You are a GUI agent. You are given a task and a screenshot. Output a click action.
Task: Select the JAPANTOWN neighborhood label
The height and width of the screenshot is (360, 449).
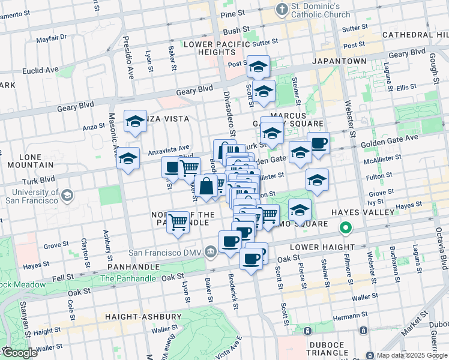click(x=339, y=61)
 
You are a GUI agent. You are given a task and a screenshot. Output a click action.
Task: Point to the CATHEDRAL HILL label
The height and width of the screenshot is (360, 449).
click(x=414, y=35)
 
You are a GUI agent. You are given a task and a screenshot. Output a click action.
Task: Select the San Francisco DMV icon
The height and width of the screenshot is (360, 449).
click(x=210, y=251)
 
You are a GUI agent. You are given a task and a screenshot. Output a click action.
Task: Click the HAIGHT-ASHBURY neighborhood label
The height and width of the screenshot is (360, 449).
click(x=143, y=316)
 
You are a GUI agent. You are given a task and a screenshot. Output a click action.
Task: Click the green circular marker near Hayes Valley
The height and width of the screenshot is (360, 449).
click(x=345, y=228)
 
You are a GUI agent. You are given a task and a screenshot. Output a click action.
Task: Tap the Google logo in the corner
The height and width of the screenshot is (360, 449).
click(x=19, y=353)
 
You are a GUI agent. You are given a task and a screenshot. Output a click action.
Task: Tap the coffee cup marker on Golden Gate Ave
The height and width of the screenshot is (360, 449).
click(x=319, y=143)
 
